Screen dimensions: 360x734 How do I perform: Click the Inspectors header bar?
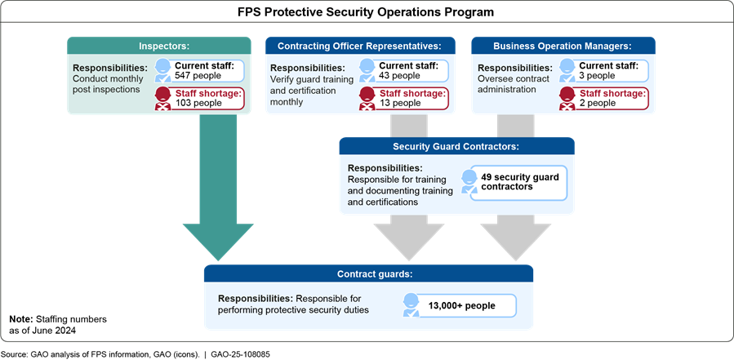(158, 46)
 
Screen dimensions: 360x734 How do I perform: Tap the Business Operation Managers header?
(563, 46)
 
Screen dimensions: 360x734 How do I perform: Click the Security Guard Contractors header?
(457, 147)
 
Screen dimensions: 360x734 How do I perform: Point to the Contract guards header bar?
(368, 274)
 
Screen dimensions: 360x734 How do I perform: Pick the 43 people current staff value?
(401, 75)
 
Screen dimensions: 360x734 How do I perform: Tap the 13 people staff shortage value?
(400, 103)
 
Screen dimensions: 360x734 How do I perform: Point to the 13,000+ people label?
(462, 306)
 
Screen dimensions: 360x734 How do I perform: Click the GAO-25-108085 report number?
(241, 354)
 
